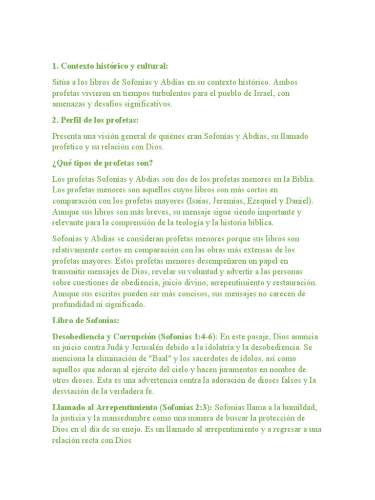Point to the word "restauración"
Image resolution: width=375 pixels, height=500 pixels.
click(x=293, y=283)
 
